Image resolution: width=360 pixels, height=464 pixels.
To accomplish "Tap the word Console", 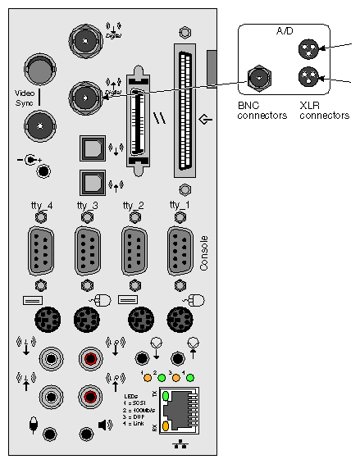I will [204, 253].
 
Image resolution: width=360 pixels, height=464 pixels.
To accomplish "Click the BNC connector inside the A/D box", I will [260, 79].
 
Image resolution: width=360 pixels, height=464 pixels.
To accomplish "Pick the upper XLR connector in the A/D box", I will [308, 48].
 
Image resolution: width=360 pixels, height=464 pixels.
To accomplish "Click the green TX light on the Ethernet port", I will [165, 397].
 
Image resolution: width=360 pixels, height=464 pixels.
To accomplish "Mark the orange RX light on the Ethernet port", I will [165, 426].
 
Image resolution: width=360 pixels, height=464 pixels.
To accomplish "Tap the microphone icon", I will [32, 425].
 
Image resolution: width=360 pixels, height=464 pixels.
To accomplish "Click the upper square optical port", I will [89, 148].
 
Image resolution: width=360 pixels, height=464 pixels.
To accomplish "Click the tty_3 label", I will [87, 204].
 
